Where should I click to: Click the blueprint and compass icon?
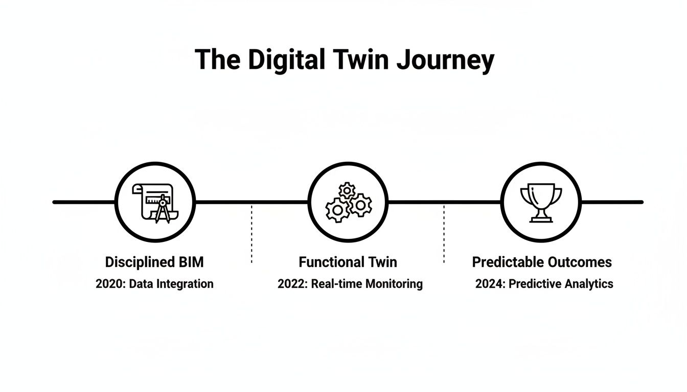[x=155, y=203]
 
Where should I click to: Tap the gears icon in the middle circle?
[x=349, y=203]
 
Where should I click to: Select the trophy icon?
[x=541, y=203]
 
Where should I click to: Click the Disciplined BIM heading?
[x=154, y=262]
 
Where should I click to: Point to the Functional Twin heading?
[x=348, y=262]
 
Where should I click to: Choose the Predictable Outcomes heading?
[x=542, y=262]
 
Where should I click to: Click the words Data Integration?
[x=171, y=284]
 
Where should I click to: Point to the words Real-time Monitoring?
[x=366, y=284]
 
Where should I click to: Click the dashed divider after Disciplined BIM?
[x=251, y=234]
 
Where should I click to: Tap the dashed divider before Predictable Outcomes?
[x=444, y=234]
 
